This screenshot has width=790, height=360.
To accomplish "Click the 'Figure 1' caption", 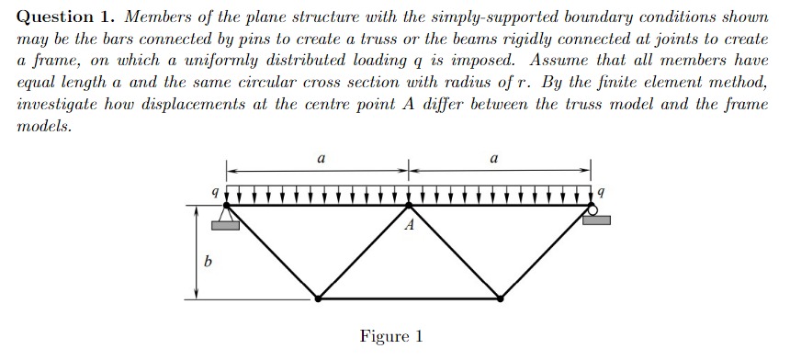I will pos(391,336).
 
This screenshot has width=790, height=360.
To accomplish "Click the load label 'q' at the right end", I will pos(602,194).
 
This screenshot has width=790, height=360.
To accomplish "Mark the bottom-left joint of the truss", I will pos(318,298).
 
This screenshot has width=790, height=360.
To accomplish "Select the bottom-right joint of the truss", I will pos(501,298).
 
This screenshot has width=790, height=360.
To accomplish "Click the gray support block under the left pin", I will pos(224,224).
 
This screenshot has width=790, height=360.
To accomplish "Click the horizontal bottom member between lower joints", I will pos(410,298).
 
